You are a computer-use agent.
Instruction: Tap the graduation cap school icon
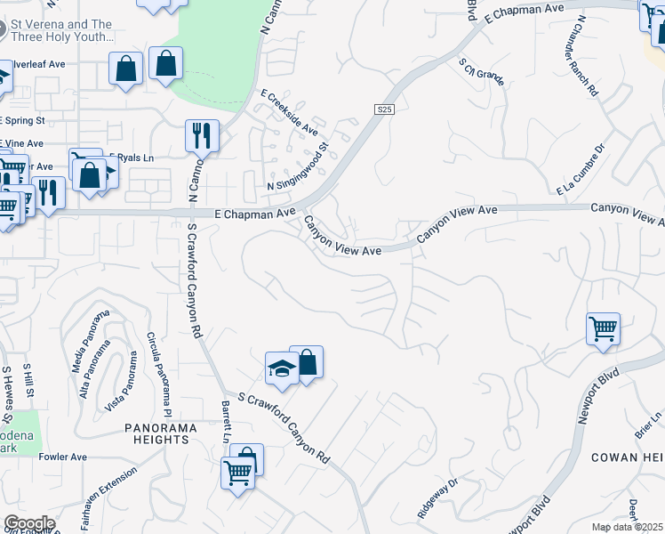(x=282, y=368)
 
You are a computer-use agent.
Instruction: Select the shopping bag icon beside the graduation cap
(x=307, y=361)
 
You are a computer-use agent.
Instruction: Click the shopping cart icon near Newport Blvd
(x=604, y=328)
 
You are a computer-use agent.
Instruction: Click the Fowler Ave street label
(x=64, y=457)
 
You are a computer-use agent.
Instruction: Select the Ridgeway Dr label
(x=437, y=500)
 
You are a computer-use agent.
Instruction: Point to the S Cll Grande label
(x=482, y=71)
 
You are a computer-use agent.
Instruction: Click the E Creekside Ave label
(x=289, y=112)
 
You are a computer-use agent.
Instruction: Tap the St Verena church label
(x=62, y=31)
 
